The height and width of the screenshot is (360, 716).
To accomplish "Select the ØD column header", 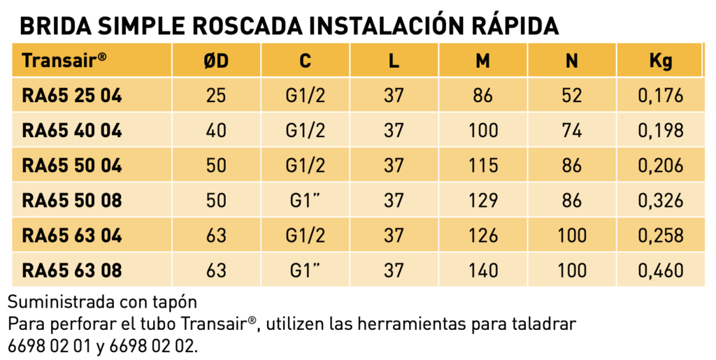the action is (x=216, y=61).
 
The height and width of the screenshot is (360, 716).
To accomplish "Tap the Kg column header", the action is (x=661, y=61).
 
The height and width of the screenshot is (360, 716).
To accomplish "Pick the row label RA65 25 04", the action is (x=72, y=96).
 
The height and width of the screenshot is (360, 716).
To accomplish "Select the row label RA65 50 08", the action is (x=72, y=201).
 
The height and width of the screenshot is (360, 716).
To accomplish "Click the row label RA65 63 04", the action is (x=72, y=236).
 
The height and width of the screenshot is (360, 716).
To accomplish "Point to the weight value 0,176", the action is (x=661, y=96).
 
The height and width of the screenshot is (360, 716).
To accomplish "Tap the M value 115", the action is (x=483, y=166).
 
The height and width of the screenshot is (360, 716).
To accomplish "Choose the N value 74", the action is (x=572, y=131).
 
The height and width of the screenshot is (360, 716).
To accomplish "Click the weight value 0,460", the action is (x=661, y=271).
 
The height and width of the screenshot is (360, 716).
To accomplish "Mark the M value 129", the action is (x=483, y=201).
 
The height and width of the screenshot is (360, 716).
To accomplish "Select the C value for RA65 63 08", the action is (x=305, y=271).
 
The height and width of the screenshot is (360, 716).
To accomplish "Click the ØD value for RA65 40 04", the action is (x=216, y=131).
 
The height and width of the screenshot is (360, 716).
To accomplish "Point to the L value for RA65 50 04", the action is (x=394, y=166).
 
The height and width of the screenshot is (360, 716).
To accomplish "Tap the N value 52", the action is (x=572, y=96).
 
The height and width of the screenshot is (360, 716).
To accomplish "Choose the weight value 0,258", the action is (x=661, y=236).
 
